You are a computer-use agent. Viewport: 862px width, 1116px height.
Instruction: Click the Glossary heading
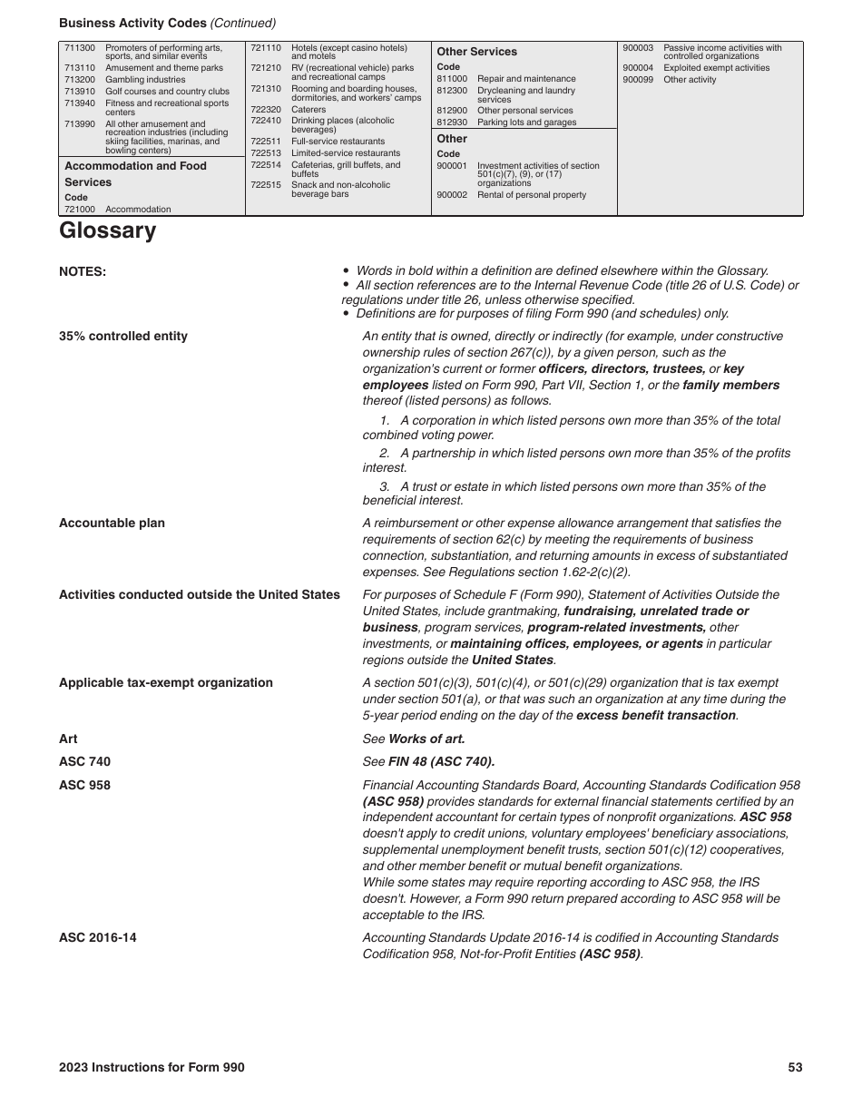click(x=107, y=230)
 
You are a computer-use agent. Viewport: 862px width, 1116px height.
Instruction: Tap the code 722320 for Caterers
click(x=265, y=110)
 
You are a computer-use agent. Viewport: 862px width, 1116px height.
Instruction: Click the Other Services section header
click(x=476, y=52)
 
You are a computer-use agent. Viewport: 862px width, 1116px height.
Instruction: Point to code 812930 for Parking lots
click(x=452, y=122)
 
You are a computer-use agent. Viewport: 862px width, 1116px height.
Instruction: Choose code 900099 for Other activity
click(x=638, y=80)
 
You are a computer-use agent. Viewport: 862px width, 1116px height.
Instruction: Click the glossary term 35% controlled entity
click(x=123, y=336)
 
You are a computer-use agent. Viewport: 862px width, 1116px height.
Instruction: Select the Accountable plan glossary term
click(x=112, y=523)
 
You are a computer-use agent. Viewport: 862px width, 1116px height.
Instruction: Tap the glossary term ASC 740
click(x=84, y=761)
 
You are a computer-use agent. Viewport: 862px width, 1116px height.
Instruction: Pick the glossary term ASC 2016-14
click(x=98, y=937)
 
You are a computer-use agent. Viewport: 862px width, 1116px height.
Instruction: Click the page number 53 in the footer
click(x=795, y=1067)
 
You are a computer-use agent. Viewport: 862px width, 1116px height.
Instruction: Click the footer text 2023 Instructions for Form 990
click(x=152, y=1067)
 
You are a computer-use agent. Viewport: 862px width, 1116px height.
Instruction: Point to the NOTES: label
click(x=83, y=271)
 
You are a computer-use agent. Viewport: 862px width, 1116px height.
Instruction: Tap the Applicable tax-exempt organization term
click(x=165, y=682)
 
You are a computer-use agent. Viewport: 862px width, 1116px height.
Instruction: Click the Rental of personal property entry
click(x=532, y=195)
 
